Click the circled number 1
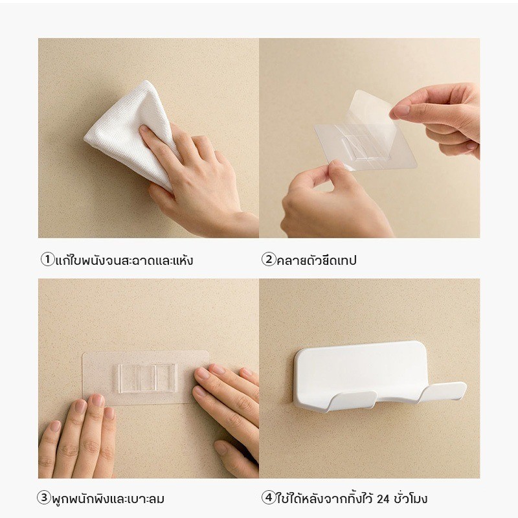pyautogui.click(x=47, y=260)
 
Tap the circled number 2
pyautogui.click(x=269, y=260)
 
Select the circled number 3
pyautogui.click(x=43, y=498)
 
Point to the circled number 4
pyautogui.click(x=269, y=498)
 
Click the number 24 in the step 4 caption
pyautogui.click(x=383, y=499)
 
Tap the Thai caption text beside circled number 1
pyautogui.click(x=124, y=260)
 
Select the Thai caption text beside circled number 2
pyautogui.click(x=317, y=260)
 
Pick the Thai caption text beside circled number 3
pyautogui.click(x=107, y=499)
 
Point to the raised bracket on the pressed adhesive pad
pyautogui.click(x=148, y=379)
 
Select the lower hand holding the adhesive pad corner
pyautogui.click(x=333, y=201)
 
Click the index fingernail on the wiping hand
pyautogui.click(x=144, y=128)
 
